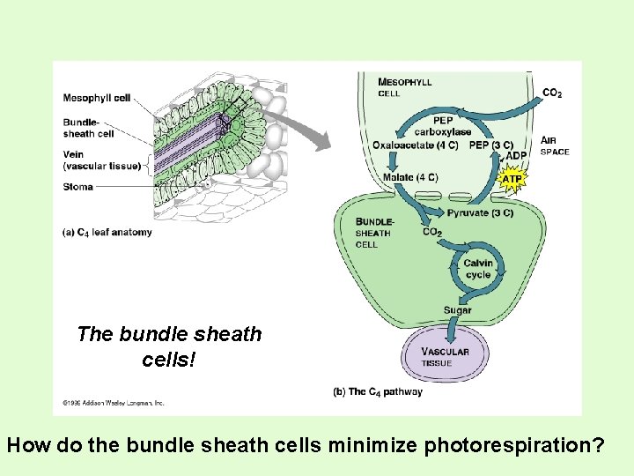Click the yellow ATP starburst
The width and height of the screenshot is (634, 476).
[512, 179]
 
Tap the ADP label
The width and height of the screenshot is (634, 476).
[517, 155]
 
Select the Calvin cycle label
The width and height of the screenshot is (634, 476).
[478, 269]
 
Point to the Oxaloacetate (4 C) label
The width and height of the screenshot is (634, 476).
[415, 145]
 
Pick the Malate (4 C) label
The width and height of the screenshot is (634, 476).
[410, 177]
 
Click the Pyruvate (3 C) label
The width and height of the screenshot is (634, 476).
[480, 213]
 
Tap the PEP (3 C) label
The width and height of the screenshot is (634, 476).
[490, 145]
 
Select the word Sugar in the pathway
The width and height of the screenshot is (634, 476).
[458, 309]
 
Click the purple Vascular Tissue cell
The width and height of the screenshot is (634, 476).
[446, 353]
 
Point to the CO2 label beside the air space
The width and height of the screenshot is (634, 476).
[552, 93]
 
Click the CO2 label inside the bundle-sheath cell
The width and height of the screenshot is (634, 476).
[431, 233]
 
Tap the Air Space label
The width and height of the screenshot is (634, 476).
[555, 145]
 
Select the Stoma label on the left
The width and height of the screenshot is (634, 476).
[78, 186]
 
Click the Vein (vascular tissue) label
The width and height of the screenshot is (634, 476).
[101, 160]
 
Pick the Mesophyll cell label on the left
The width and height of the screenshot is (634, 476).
[97, 97]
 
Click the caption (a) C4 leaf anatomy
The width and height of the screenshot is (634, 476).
[107, 232]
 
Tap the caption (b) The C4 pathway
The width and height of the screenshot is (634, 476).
[378, 391]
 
